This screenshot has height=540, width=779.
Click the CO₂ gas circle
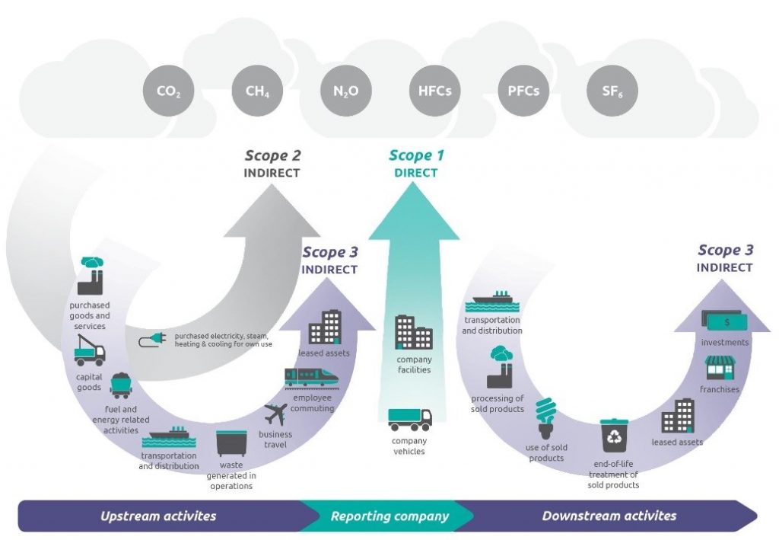coord(168,92)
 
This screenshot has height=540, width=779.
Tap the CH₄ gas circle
coord(257,92)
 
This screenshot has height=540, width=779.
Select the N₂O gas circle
coord(345,92)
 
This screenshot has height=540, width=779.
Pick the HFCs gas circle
coord(434,92)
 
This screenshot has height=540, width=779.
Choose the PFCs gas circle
coord(523,92)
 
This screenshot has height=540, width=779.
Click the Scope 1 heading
coord(416,156)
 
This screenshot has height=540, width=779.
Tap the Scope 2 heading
coord(272,156)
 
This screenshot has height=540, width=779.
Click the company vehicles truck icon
coord(410,419)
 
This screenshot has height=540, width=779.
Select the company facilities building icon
coord(413,333)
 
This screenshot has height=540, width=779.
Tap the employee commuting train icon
coord(311,378)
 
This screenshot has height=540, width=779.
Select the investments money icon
coord(724,321)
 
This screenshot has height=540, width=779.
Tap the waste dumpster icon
coord(231,443)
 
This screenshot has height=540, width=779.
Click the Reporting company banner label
coord(389,516)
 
